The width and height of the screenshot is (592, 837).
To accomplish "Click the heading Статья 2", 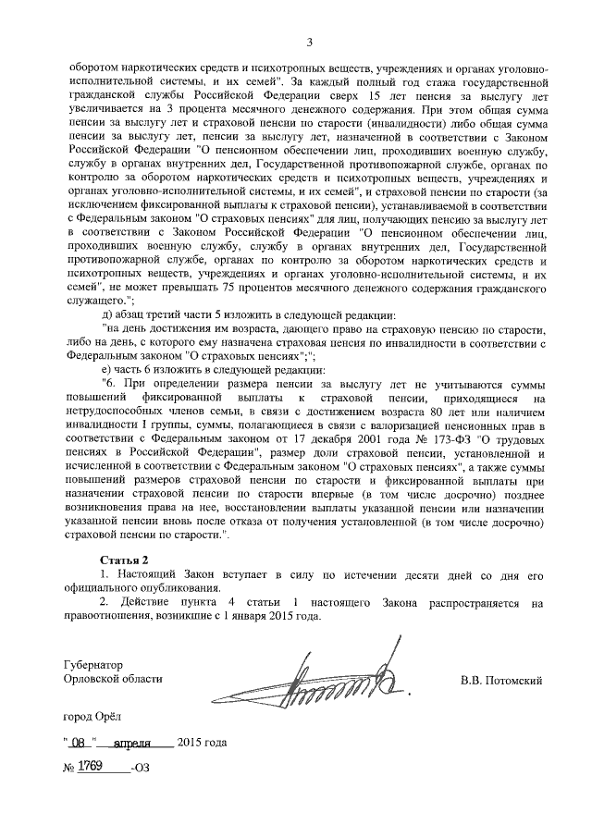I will point(123,560).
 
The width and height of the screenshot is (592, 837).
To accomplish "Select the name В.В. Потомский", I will point(500,681).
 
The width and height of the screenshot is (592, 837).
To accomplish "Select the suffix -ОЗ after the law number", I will point(140,769).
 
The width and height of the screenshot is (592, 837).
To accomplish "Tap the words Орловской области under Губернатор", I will point(106,680).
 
